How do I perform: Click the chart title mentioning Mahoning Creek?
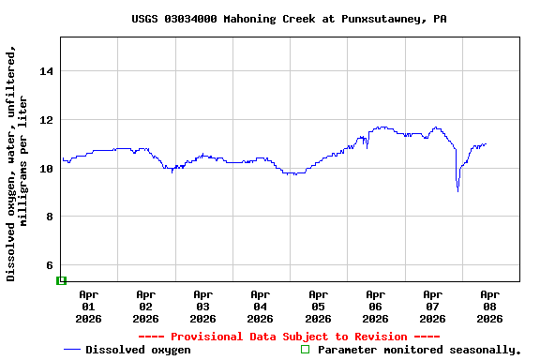pos(289,19)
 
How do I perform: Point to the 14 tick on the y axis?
pos(47,71)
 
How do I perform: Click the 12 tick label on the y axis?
pos(47,120)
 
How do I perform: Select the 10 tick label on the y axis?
pos(47,169)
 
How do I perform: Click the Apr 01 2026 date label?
pos(88,307)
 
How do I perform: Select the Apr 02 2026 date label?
pos(145,307)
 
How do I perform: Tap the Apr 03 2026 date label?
pos(202,307)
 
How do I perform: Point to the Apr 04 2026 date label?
pos(260,307)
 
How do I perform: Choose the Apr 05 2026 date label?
pos(318,307)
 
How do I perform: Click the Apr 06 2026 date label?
pos(375,307)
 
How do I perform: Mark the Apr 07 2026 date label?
pos(432,307)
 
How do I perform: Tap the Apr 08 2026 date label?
pos(489,307)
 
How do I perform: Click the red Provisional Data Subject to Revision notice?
pos(289,337)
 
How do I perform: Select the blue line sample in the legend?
pos(72,350)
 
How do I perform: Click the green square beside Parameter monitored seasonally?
pos(305,350)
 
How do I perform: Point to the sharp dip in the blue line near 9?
pos(457,190)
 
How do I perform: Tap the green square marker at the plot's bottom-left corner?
pos(62,280)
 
